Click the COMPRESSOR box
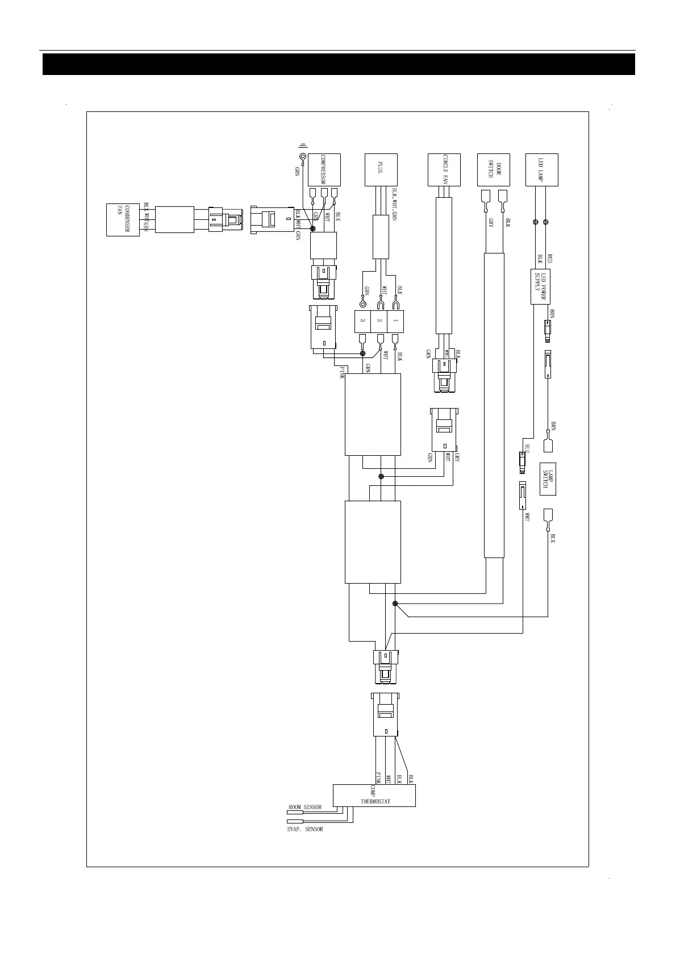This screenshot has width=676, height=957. pos(324,169)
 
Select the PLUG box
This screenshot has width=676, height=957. pos(380,169)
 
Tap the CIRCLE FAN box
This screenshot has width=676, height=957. pos(444,169)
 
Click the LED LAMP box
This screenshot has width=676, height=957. pos(542,169)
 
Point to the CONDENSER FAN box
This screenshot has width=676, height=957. pos(123,219)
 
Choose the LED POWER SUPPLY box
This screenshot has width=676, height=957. pos(542,288)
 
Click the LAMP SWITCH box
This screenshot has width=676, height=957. pos(547,479)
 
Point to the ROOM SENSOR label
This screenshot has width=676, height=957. pos(305,807)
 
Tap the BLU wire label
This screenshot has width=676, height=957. pos(527,448)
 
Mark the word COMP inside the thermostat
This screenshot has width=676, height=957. pos(373,790)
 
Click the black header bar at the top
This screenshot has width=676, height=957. pos(339,64)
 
